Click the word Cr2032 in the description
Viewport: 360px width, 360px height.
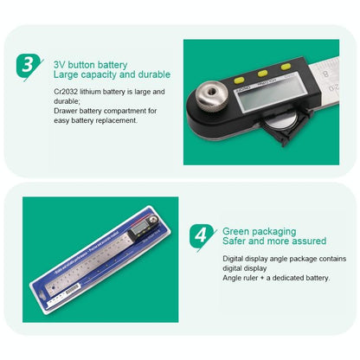pos(66,91)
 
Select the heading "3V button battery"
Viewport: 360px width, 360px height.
pos(90,64)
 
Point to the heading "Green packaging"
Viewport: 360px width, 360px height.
pos(260,232)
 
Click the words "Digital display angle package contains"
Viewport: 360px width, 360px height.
pos(284,259)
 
